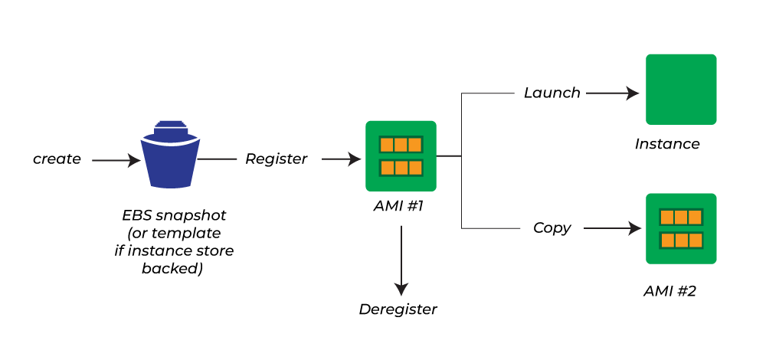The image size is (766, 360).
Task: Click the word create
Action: (57, 159)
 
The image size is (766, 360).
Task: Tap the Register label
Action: (276, 159)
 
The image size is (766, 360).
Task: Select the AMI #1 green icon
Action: (401, 156)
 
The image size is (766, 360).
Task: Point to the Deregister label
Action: (398, 309)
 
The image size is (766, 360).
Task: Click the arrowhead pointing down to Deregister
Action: (401, 289)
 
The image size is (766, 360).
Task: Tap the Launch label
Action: (552, 93)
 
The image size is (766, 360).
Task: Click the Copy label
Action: (552, 228)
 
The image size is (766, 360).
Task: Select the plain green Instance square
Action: (681, 89)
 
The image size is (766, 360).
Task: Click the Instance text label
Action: (667, 144)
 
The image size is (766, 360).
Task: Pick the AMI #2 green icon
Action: (681, 228)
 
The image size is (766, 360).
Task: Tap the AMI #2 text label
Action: (669, 291)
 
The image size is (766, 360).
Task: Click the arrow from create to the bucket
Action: (116, 161)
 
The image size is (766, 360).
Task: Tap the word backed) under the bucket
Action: (172, 268)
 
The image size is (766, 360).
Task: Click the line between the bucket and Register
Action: (218, 159)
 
